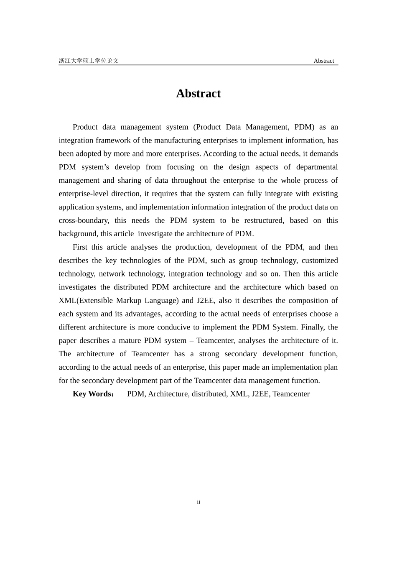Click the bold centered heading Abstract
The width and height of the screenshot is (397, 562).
point(198,93)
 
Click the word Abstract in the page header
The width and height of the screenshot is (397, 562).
point(323,61)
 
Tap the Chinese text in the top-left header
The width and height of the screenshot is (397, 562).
point(89,61)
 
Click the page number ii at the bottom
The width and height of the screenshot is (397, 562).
point(198,502)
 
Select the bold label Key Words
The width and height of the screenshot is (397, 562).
point(92,394)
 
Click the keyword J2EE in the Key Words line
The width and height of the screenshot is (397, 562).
point(260,394)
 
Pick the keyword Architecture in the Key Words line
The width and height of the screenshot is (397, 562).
point(168,394)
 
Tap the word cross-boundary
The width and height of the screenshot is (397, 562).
point(83,220)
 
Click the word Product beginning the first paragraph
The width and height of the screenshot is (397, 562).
point(85,127)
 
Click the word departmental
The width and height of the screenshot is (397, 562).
point(317,167)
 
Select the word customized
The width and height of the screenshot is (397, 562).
point(319,261)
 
